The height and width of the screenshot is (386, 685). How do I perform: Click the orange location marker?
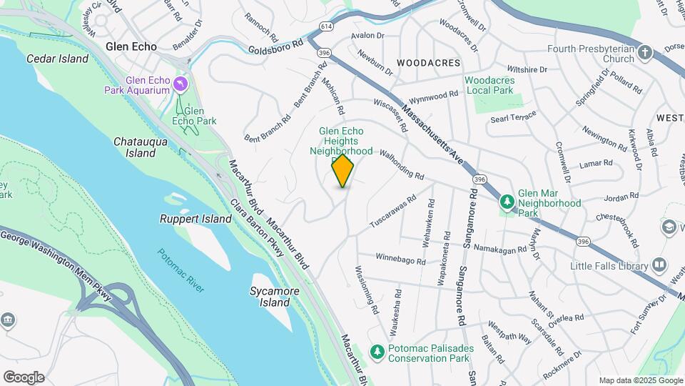click(343, 171)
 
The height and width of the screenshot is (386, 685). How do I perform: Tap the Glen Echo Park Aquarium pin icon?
click(181, 85)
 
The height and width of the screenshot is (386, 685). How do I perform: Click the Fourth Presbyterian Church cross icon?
click(645, 53)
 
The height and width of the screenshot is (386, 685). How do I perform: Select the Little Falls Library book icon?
click(660, 266)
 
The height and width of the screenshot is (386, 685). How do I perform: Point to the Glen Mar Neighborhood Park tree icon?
click(507, 202)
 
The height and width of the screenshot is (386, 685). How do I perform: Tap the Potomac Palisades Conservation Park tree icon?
click(376, 351)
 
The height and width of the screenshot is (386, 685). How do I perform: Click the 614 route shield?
click(325, 26)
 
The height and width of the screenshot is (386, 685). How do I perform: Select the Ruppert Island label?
click(196, 219)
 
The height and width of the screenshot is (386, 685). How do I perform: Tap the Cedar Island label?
click(57, 59)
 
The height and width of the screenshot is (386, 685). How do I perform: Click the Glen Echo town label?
click(131, 46)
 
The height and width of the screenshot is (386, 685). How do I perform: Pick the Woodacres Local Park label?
click(489, 86)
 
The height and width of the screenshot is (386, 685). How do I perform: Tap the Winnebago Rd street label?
click(400, 259)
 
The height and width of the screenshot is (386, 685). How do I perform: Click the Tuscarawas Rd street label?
click(392, 213)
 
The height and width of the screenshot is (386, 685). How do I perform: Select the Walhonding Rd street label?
click(402, 165)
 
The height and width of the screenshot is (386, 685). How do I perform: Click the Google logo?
click(24, 377)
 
